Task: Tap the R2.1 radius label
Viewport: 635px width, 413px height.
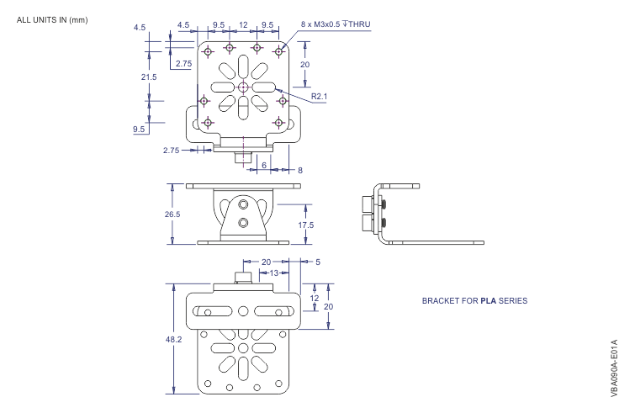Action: [x=319, y=97]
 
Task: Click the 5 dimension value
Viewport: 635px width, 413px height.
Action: [x=316, y=261]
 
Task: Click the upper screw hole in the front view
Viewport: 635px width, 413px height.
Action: [x=243, y=204]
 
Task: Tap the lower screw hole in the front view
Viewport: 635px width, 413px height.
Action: [x=243, y=223]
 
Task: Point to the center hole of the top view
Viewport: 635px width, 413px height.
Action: [x=242, y=87]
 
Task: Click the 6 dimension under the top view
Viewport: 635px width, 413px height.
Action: [x=264, y=166]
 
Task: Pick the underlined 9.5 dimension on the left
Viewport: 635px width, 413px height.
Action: [x=139, y=130]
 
